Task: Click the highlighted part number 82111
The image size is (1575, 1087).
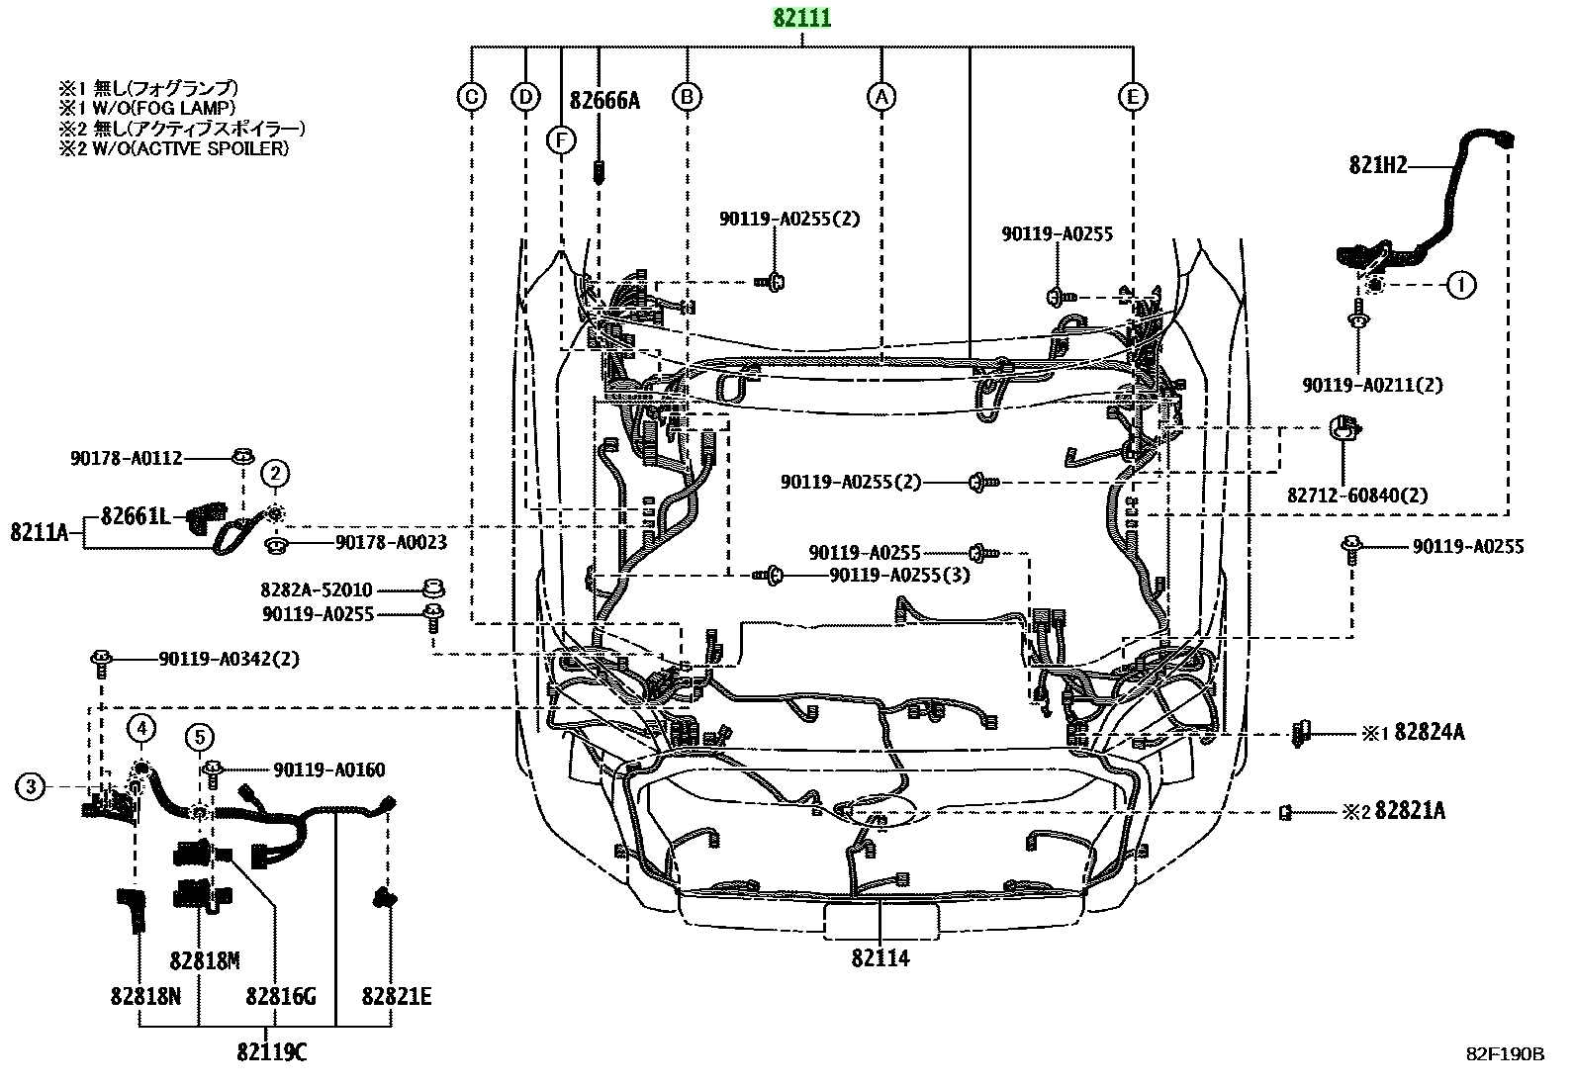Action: click(x=802, y=18)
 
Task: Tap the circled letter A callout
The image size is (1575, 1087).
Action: click(x=881, y=97)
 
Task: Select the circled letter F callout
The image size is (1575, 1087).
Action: click(x=561, y=140)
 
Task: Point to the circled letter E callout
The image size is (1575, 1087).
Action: click(x=1133, y=97)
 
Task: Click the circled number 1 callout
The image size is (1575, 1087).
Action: click(x=1461, y=285)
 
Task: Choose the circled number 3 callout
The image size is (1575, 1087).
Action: click(x=31, y=786)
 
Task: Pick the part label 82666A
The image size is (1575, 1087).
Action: click(x=604, y=101)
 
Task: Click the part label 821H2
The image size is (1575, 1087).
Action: click(x=1378, y=165)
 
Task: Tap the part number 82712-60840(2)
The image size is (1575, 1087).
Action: click(x=1357, y=496)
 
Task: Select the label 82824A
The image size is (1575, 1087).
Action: click(x=1430, y=733)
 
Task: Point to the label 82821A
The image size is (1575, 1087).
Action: click(x=1410, y=811)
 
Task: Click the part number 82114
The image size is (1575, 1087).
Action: click(x=880, y=957)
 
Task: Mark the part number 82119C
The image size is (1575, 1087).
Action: click(x=272, y=1051)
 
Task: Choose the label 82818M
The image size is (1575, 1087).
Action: click(x=205, y=960)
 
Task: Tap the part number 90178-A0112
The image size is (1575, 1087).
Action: click(x=126, y=458)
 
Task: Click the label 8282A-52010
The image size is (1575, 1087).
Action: click(x=317, y=589)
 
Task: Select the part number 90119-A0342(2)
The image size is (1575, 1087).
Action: click(x=230, y=659)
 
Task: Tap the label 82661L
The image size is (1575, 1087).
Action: click(x=136, y=516)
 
